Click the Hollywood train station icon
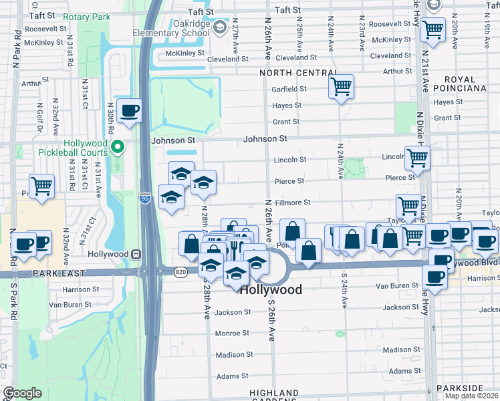point(136,254)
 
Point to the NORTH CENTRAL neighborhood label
point(298,73)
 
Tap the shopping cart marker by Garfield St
point(341,86)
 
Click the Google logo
point(22,393)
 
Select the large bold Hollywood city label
point(271,290)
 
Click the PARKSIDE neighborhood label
point(459,388)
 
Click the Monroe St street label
point(232,333)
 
